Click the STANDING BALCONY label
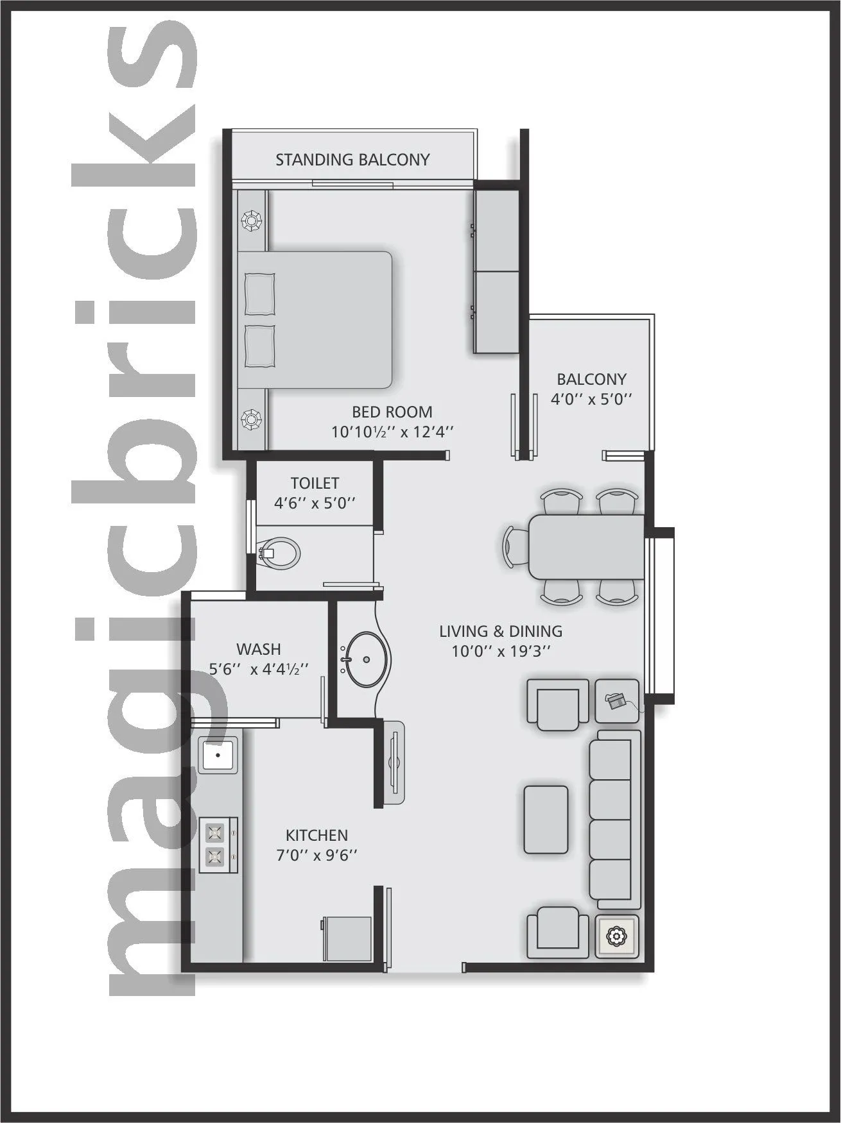point(352,160)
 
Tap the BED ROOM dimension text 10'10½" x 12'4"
point(392,432)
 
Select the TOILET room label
point(315,483)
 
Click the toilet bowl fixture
point(280,552)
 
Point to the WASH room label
point(259,649)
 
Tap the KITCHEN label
point(316,835)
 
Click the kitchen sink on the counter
point(218,754)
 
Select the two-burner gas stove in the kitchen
point(217,844)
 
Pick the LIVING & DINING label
point(501,631)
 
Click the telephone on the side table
point(617,700)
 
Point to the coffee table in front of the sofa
point(546,819)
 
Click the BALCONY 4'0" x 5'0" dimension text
point(591,398)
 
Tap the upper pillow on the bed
point(260,294)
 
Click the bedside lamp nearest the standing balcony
point(249,221)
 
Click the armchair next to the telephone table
point(557,704)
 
